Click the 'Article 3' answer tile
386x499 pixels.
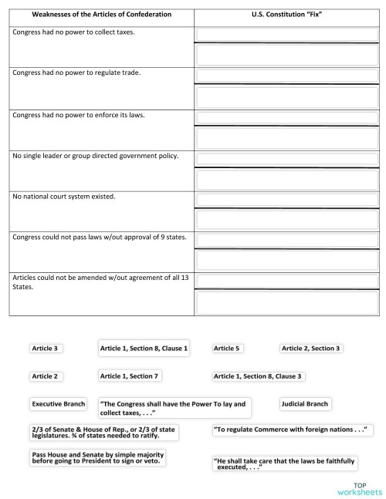tap(45, 349)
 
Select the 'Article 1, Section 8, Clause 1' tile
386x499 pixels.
tap(144, 349)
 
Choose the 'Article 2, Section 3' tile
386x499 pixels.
tap(310, 349)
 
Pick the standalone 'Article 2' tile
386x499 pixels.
tap(45, 376)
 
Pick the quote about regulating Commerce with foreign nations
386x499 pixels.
tap(288, 428)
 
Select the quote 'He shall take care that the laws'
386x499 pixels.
tap(283, 464)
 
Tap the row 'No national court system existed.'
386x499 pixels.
tap(64, 197)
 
